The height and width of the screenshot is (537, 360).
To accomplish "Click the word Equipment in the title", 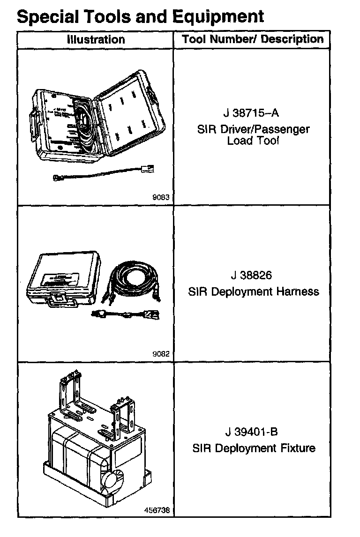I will [218, 17].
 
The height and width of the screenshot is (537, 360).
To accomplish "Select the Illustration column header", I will [96, 39].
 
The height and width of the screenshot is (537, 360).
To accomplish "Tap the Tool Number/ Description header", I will [253, 39].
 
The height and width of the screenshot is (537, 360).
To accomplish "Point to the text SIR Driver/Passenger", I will [253, 129].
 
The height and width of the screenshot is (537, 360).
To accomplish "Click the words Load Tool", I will [253, 140].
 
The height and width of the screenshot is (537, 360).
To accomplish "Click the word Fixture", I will [299, 448].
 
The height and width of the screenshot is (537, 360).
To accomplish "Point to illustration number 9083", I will [160, 198].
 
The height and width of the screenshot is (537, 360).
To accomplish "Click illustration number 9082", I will [160, 354].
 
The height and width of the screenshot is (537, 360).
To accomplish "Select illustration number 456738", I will [157, 510].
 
